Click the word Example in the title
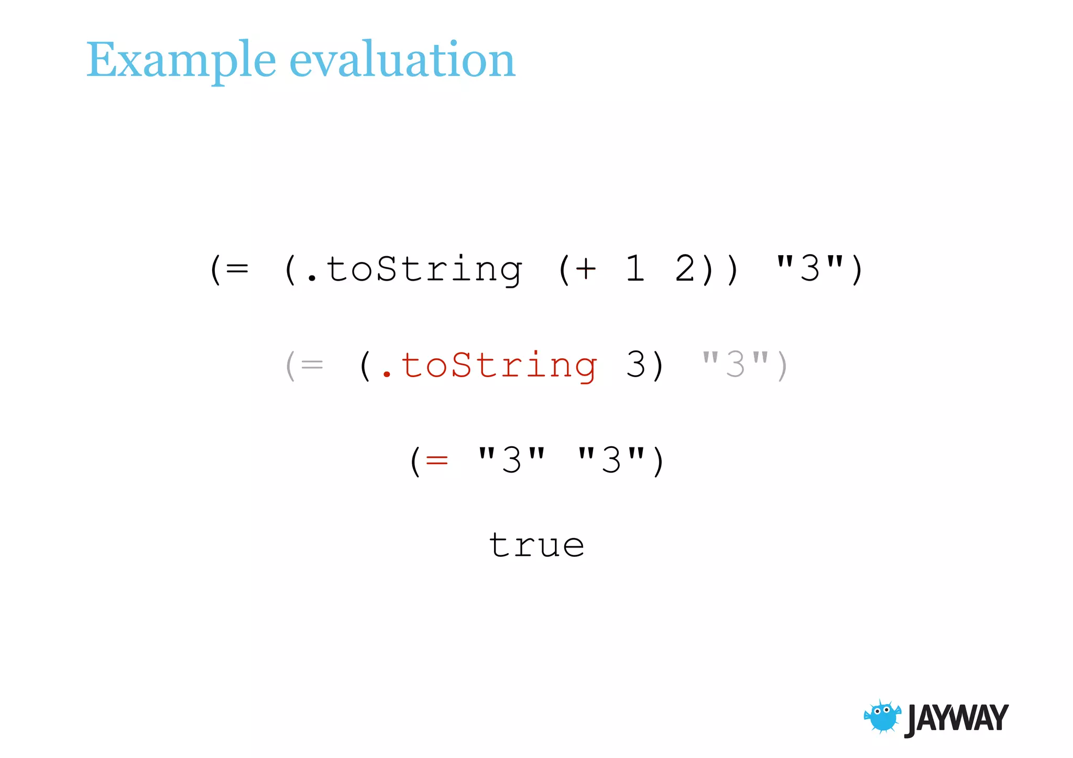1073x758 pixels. (x=181, y=61)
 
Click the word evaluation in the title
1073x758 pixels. (x=402, y=61)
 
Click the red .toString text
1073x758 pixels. (x=490, y=365)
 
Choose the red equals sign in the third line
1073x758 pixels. (x=437, y=460)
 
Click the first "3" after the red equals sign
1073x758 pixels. (x=512, y=460)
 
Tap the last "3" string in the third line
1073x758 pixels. (x=611, y=460)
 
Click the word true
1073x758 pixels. (x=536, y=546)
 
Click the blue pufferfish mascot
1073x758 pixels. (x=883, y=717)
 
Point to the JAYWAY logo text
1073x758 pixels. (x=956, y=719)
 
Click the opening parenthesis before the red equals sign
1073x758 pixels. (x=415, y=462)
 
